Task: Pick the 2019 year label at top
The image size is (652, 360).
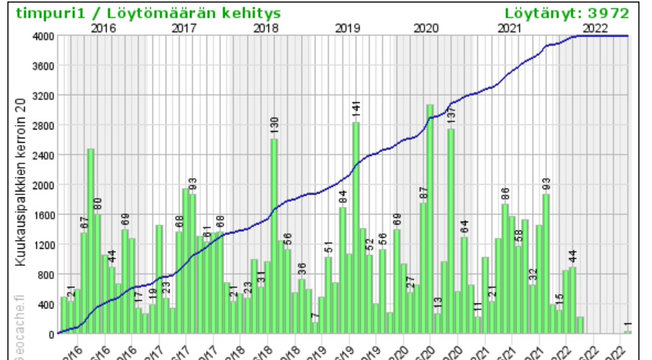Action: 347,28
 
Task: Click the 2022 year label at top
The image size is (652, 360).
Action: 595,28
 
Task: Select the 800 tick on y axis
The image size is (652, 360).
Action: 44,275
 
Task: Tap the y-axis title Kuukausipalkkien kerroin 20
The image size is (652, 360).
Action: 21,184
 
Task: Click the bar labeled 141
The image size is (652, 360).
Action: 356,228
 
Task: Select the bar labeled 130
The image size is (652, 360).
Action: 274,236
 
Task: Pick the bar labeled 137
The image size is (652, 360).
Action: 451,232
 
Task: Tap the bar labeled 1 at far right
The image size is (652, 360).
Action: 628,332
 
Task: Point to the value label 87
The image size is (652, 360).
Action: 424,194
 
